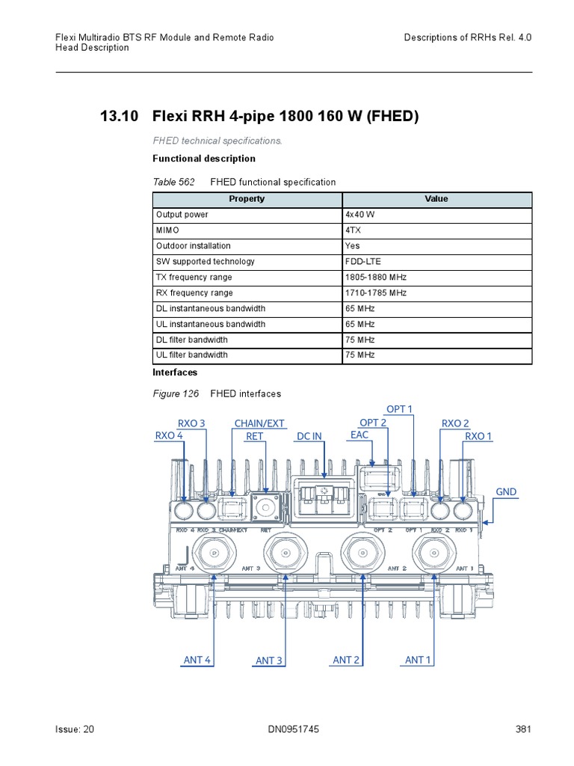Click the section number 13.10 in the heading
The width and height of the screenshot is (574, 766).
120,117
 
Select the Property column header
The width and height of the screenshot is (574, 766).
247,199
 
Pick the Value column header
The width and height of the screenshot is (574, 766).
436,199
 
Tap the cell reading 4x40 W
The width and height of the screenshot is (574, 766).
360,215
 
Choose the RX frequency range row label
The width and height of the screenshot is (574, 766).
194,293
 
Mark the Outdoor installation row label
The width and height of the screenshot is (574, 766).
193,246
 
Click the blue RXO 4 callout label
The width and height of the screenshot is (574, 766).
169,435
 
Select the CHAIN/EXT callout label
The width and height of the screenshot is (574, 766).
259,423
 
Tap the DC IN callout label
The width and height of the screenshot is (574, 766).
309,436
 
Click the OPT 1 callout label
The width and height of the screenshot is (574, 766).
399,408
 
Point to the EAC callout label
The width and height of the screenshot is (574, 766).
359,435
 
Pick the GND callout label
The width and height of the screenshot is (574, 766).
506,491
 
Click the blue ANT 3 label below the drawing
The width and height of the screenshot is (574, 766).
269,661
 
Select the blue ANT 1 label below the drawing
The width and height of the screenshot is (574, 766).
419,660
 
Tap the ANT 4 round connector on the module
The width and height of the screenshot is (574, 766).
214,554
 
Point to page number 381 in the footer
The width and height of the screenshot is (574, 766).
523,730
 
